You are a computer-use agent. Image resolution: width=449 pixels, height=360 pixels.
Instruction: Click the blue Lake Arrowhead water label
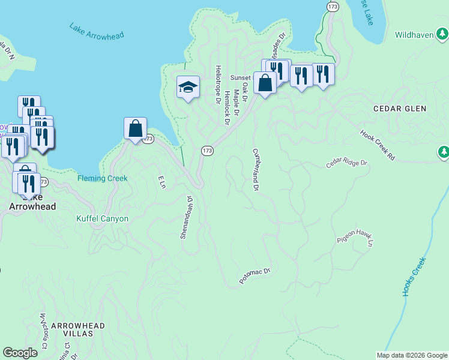[97, 31]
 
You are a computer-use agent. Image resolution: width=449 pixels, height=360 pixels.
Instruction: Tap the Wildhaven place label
[414, 35]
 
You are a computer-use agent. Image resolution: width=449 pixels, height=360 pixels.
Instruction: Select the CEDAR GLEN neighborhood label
[399, 109]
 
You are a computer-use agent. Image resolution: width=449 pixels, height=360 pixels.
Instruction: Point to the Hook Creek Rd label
[378, 145]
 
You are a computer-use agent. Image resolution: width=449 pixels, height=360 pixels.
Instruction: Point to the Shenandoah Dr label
[186, 217]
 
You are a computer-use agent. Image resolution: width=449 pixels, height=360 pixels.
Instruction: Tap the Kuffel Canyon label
[102, 218]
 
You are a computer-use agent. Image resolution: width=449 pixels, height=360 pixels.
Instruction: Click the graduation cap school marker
[188, 87]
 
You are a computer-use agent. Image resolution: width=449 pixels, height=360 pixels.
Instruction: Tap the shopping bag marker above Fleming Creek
[136, 128]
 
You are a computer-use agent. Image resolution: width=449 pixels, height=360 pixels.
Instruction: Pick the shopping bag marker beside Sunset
[265, 83]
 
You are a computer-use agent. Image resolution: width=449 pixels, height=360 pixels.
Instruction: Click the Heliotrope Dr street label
[218, 83]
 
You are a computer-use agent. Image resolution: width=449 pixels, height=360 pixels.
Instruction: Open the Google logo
[20, 353]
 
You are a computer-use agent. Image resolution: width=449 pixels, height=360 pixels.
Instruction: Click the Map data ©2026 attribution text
[412, 355]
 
